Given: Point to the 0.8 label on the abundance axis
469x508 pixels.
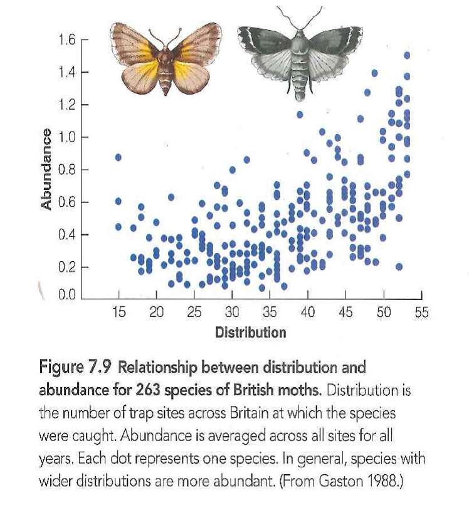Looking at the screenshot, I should click(x=66, y=170).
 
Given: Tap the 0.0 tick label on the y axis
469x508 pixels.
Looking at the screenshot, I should click(x=66, y=294).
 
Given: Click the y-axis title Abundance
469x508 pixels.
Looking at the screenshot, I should click(x=46, y=169).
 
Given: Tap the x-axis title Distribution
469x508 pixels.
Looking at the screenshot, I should click(x=250, y=333).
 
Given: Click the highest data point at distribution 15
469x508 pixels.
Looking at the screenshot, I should click(x=119, y=157).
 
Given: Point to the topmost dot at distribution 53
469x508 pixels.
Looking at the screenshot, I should click(x=407, y=55).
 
